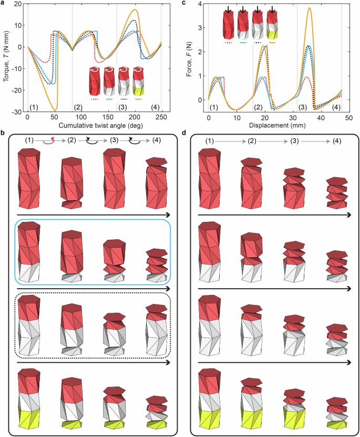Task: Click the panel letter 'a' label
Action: (x=4, y=4)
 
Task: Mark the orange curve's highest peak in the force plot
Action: (x=310, y=8)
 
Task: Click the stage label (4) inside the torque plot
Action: (x=155, y=108)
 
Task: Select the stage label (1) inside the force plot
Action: (x=213, y=108)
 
